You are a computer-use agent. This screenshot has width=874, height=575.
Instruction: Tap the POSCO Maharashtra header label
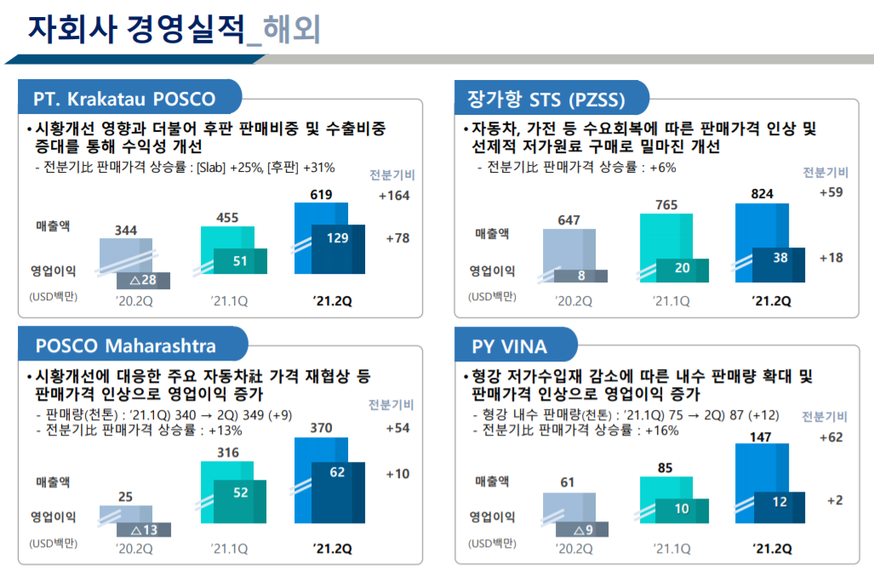125,345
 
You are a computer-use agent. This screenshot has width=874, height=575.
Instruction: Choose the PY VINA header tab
510,346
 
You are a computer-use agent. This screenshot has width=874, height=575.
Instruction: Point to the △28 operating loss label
142,281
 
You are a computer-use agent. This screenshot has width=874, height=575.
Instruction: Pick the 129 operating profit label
338,238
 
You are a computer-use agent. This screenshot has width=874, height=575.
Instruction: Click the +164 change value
394,196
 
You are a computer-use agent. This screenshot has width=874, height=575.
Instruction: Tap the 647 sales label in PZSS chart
568,220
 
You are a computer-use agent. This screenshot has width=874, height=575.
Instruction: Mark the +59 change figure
831,192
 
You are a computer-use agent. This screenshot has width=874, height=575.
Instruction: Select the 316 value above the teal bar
228,453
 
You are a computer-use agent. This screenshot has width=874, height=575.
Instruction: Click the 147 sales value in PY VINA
762,436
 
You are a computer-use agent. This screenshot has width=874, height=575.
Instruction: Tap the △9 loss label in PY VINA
583,530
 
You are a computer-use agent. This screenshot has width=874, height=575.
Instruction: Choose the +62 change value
831,437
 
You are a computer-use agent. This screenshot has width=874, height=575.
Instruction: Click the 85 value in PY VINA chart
665,467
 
